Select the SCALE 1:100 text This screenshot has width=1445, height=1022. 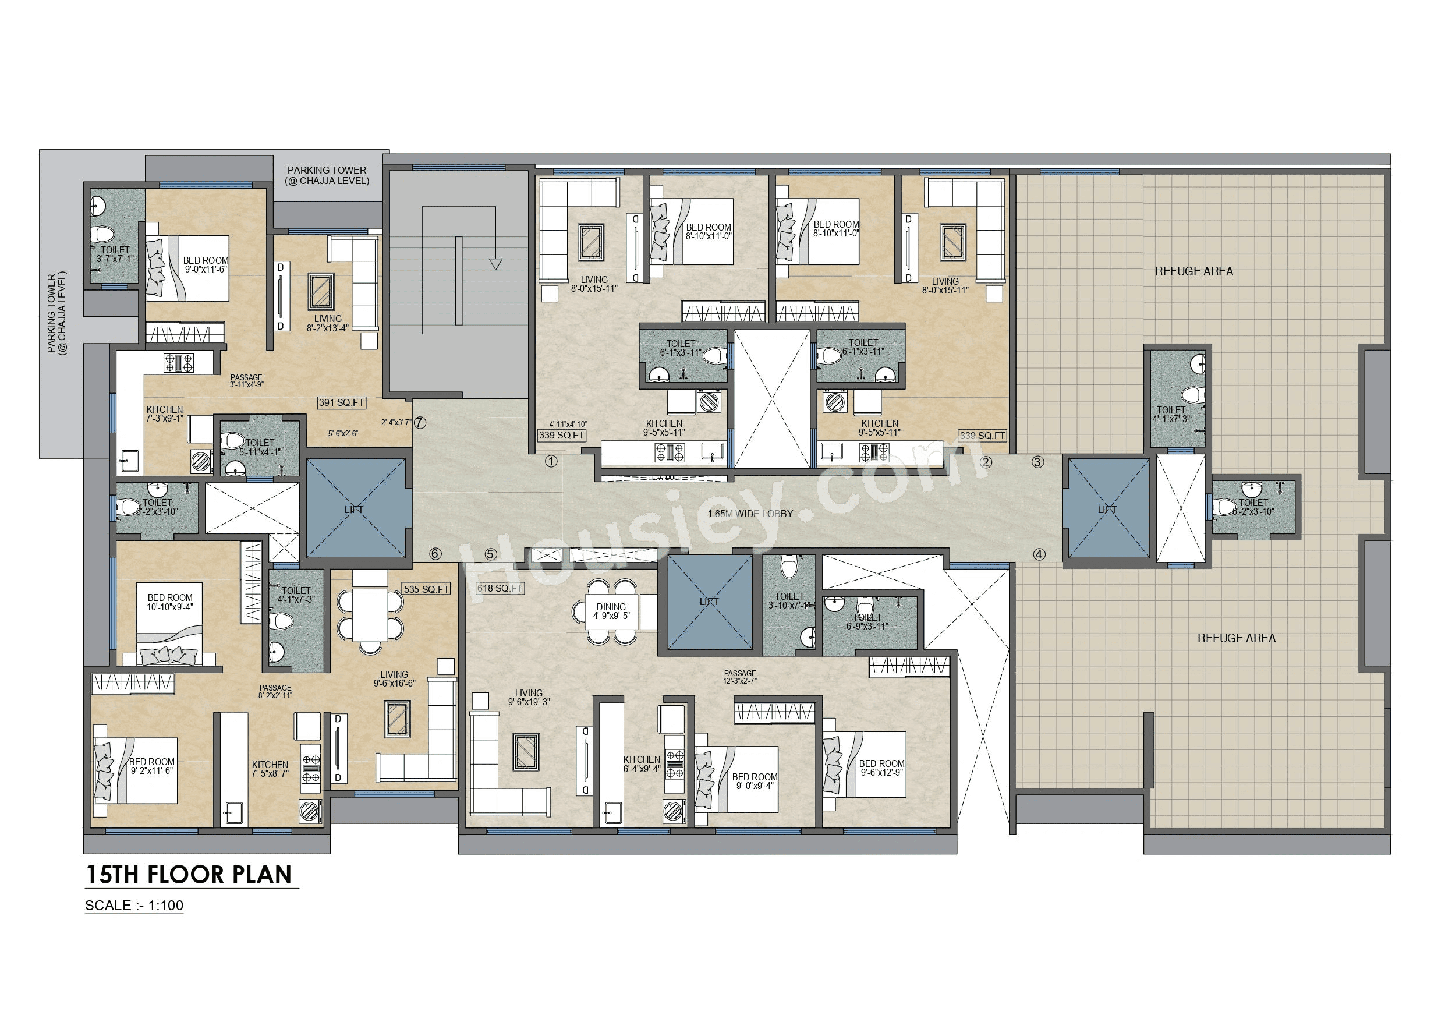click(134, 906)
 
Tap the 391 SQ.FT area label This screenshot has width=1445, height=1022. click(342, 403)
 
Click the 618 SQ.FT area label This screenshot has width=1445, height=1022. click(500, 588)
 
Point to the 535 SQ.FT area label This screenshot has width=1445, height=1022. click(427, 589)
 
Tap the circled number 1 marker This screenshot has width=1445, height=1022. click(551, 462)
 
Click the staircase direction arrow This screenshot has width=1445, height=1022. click(495, 264)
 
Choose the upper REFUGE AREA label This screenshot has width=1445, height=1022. click(1194, 271)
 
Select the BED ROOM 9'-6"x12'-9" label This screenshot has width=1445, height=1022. click(881, 768)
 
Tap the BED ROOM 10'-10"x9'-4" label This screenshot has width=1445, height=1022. click(170, 602)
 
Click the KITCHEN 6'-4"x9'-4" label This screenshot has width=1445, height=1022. click(642, 764)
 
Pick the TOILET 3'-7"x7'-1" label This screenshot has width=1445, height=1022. click(115, 254)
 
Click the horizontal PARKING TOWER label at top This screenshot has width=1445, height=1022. click(327, 175)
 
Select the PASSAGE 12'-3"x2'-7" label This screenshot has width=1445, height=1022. click(739, 677)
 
